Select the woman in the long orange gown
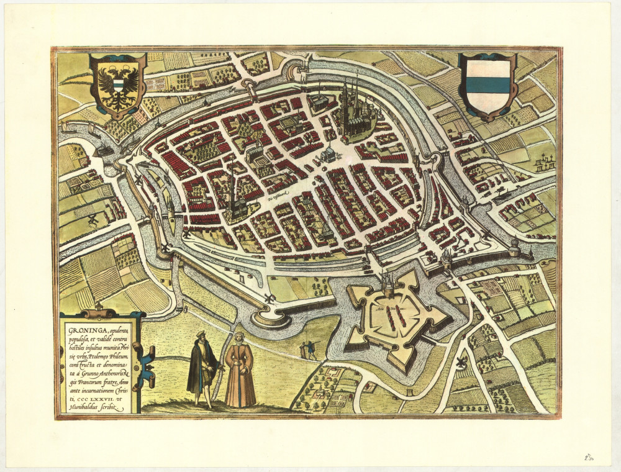click(x=240, y=371)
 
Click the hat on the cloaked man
click(x=201, y=336)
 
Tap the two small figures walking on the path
click(x=307, y=350)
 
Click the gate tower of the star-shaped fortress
click(x=389, y=285)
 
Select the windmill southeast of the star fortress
click(x=461, y=363)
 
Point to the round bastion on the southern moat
click(x=271, y=319)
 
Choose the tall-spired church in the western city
click(x=234, y=199)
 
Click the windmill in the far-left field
click(x=93, y=219)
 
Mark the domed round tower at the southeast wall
click(x=514, y=247)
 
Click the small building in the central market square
click(x=328, y=154)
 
